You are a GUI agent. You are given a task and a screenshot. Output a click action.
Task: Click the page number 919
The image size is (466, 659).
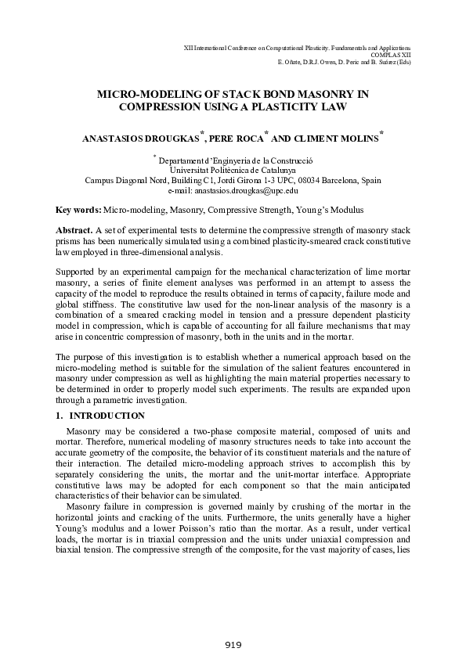coord(233,645)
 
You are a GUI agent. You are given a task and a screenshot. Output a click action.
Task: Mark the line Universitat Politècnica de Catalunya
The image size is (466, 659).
coord(233,169)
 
